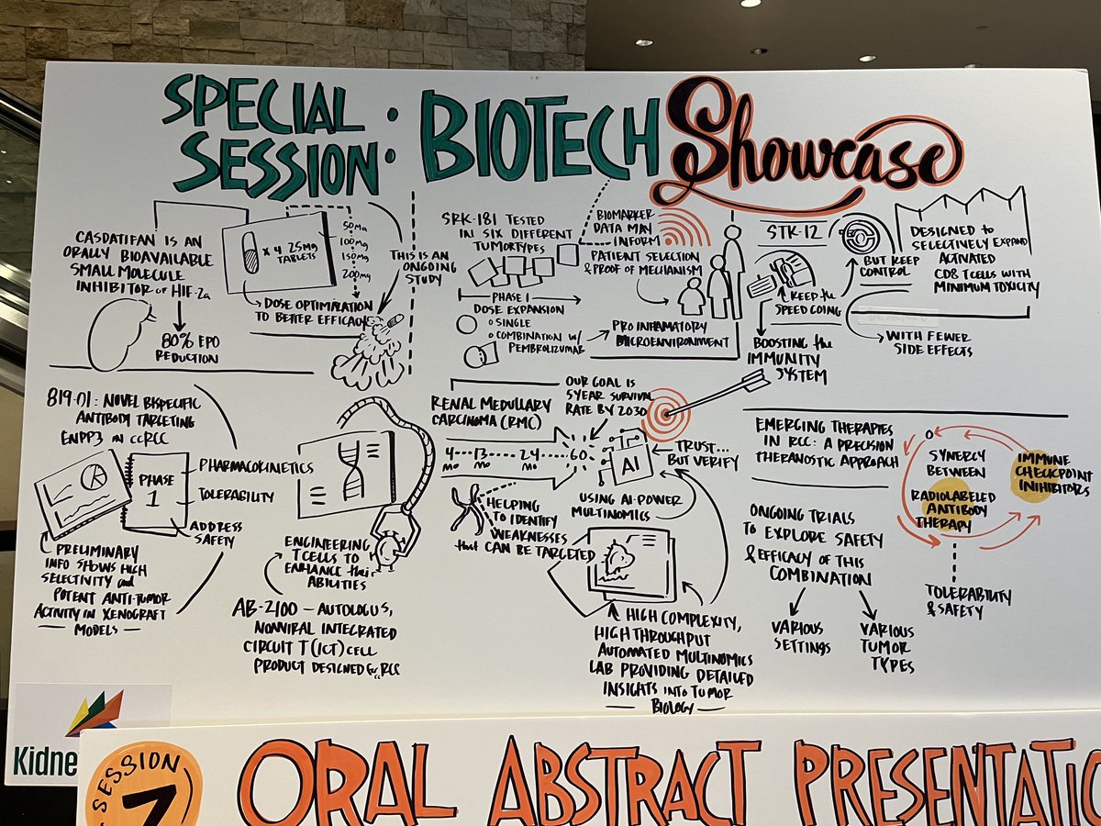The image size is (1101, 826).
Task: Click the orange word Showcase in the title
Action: tap(807, 147)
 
